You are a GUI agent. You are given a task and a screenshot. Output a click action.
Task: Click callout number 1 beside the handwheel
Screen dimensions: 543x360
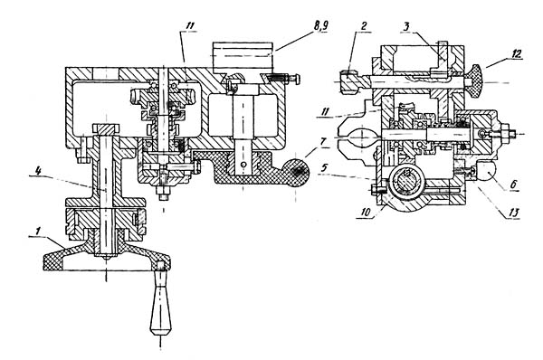coord(38,230)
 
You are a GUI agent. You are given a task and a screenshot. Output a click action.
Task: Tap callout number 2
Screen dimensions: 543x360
coord(364,26)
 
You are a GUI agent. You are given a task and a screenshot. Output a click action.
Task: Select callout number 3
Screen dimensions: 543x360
coord(407,26)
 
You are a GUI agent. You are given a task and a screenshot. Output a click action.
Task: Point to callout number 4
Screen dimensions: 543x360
coord(38,170)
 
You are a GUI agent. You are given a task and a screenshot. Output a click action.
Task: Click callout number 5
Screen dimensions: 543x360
coord(324,168)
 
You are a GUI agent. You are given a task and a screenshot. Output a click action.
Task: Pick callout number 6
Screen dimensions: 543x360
coord(514,185)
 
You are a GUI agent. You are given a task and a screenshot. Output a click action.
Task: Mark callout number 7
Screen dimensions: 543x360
coord(323,142)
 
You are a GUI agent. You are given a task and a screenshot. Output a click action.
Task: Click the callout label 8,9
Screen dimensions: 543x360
coord(320,26)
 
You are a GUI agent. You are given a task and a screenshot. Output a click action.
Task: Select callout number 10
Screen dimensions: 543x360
coord(366,212)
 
